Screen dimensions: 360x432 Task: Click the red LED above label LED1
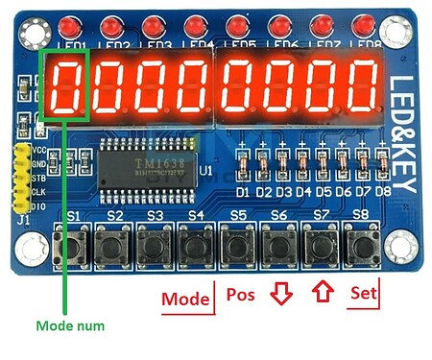pos(70,24)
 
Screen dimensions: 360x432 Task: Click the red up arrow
pos(322,293)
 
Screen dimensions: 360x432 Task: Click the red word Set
pos(364,293)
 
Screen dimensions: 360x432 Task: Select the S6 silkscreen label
pos(278,214)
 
